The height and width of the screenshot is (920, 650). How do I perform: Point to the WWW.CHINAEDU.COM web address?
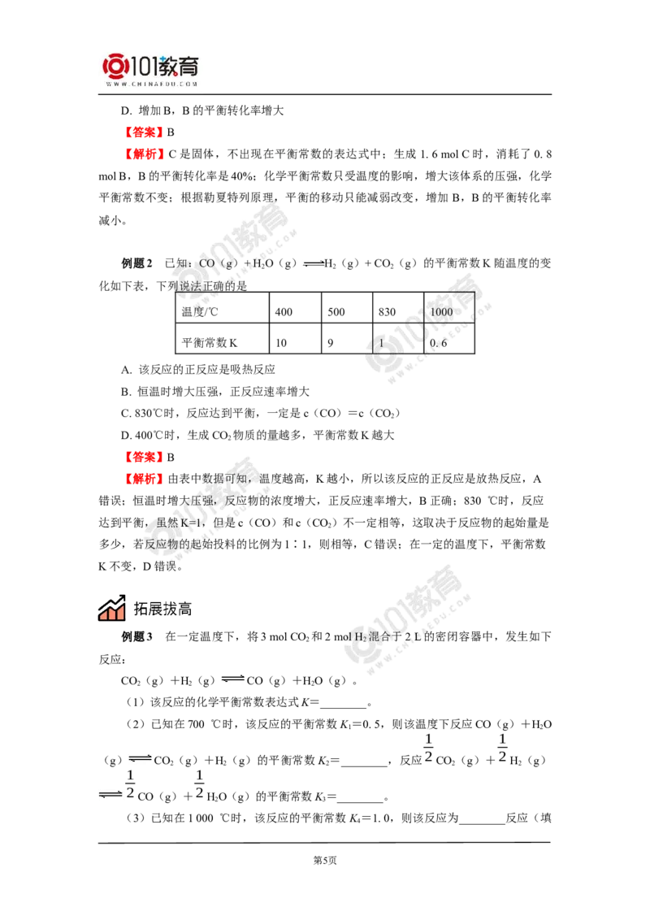(x=152, y=84)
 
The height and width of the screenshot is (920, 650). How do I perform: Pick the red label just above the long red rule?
(x=143, y=130)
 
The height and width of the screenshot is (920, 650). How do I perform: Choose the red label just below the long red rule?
(x=145, y=154)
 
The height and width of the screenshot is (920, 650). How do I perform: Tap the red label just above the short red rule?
(x=143, y=456)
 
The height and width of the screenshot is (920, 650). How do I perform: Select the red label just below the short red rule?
(x=143, y=479)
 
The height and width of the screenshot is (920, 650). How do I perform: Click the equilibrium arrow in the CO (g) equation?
(x=311, y=263)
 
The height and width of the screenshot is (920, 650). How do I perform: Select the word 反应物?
(x=160, y=545)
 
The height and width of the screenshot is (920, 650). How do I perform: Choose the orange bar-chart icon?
(x=110, y=609)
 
